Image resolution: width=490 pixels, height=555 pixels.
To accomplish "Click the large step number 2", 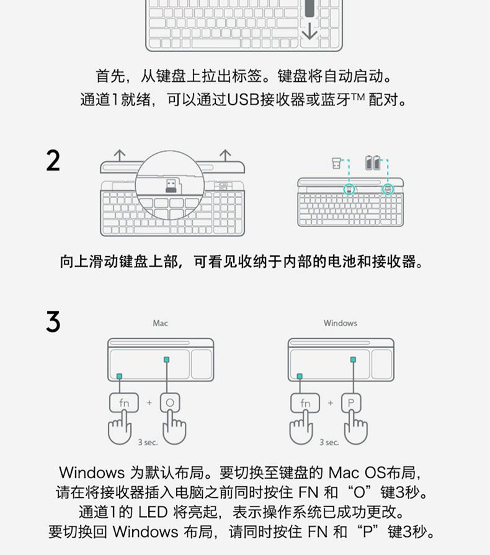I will pyautogui.click(x=53, y=161).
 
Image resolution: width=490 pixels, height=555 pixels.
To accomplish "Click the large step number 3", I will pyautogui.click(x=53, y=322).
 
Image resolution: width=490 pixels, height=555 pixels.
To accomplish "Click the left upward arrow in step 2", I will pyautogui.click(x=119, y=154).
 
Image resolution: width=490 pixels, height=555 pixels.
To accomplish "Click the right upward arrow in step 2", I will pyautogui.click(x=225, y=154).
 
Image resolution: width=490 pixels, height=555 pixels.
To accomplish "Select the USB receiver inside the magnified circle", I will pyautogui.click(x=171, y=185).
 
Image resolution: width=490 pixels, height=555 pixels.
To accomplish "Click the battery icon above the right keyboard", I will pyautogui.click(x=374, y=163).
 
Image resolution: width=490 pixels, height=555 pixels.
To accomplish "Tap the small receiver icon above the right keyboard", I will pyautogui.click(x=336, y=164).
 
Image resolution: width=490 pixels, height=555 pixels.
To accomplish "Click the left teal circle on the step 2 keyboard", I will pyautogui.click(x=350, y=189).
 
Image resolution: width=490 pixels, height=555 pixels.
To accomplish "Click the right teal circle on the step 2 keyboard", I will pyautogui.click(x=388, y=189).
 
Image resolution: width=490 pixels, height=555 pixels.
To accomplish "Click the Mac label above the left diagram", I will pyautogui.click(x=160, y=323).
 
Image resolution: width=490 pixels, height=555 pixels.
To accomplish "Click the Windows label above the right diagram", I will pyautogui.click(x=340, y=323).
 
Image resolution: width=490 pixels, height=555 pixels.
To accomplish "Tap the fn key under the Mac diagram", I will pyautogui.click(x=124, y=403).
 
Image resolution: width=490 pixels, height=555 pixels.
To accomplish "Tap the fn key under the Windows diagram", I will pyautogui.click(x=305, y=403).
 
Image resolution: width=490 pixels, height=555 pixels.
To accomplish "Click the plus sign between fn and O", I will pyautogui.click(x=149, y=403).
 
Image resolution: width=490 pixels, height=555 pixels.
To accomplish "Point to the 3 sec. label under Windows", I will pyautogui.click(x=329, y=442).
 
